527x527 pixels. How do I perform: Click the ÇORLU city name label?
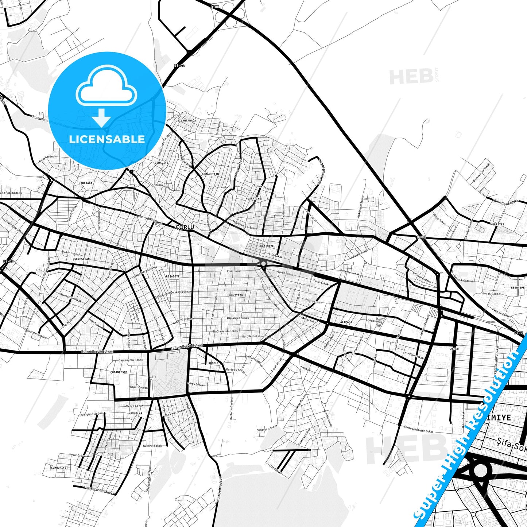pyautogui.click(x=185, y=227)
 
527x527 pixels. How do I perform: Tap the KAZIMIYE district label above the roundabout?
pyautogui.click(x=267, y=246)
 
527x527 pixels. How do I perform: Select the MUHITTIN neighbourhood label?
pyautogui.click(x=236, y=295)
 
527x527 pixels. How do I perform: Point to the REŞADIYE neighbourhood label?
pyautogui.click(x=173, y=276)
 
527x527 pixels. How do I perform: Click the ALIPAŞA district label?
pyautogui.click(x=346, y=322)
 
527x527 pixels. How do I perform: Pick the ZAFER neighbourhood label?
pyautogui.click(x=454, y=349)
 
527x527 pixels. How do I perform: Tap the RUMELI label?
pyautogui.click(x=213, y=363)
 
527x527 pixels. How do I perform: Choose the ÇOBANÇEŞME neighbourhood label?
pyautogui.click(x=119, y=372)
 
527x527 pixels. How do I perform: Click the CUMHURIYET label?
pyautogui.click(x=59, y=468)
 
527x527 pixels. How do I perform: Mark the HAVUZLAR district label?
pyautogui.click(x=135, y=413)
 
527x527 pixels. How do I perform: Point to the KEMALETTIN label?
pyautogui.click(x=210, y=174)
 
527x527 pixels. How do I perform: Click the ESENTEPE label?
pyautogui.click(x=518, y=287)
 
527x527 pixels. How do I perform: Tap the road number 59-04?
pyautogui.click(x=179, y=66)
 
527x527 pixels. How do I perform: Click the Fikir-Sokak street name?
pyautogui.click(x=234, y=271)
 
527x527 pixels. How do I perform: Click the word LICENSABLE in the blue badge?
pyautogui.click(x=107, y=139)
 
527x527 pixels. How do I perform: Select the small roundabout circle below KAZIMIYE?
pyautogui.click(x=263, y=263)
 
